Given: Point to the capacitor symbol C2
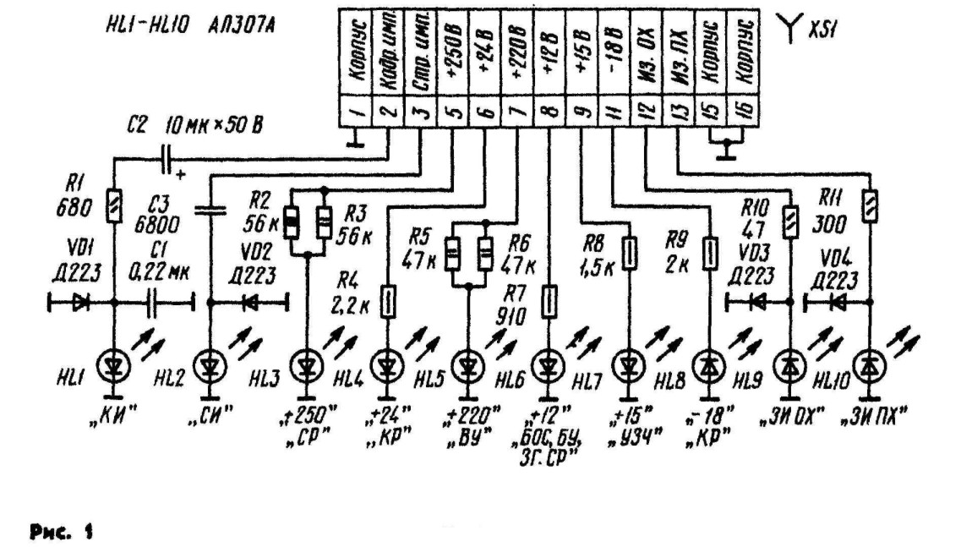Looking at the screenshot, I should (x=167, y=157).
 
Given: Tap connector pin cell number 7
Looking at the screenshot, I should (x=521, y=111).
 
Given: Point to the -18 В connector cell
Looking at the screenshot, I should (x=614, y=51).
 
